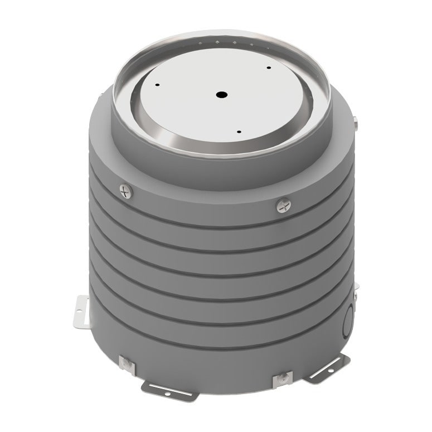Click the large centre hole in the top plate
(x=222, y=95)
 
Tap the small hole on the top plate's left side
(x=158, y=85)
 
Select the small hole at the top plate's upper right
(x=268, y=68)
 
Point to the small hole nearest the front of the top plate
(x=239, y=132)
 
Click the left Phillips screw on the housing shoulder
(x=127, y=192)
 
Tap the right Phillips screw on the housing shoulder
(x=284, y=206)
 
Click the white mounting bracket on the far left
(x=81, y=313)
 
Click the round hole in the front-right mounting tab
(x=332, y=368)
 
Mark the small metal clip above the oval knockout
(x=355, y=287)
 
